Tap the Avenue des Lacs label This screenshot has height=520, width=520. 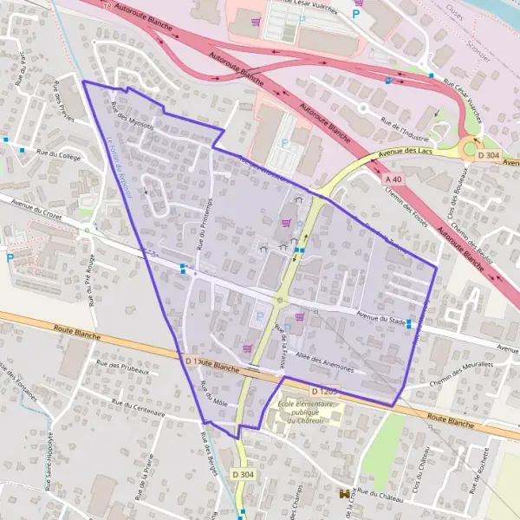(x=405, y=155)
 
